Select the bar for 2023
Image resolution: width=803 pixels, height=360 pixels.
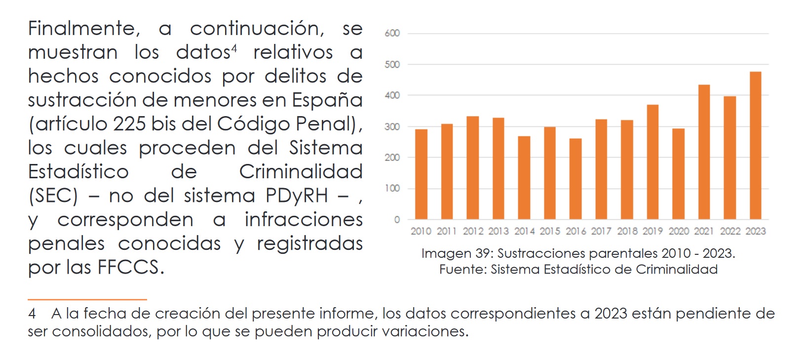click(755, 146)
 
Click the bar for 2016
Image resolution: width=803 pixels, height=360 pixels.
click(575, 179)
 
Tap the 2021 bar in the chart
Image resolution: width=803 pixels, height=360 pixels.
click(704, 152)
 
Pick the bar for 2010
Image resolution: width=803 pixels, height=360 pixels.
click(421, 174)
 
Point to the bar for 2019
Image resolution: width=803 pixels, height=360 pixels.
click(652, 162)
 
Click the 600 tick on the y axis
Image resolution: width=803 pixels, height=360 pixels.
click(392, 34)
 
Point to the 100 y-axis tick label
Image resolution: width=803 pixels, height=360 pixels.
click(392, 189)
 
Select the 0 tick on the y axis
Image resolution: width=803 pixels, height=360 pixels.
click(397, 220)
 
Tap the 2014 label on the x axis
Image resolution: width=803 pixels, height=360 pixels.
click(524, 231)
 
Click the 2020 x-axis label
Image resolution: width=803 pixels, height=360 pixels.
click(678, 231)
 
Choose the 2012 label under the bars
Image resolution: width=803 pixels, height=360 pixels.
click(473, 231)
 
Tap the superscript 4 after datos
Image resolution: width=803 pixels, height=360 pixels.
click(234, 48)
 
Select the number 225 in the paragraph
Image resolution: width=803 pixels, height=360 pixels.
click(129, 124)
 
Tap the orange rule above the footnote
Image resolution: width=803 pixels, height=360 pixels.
click(87, 299)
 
